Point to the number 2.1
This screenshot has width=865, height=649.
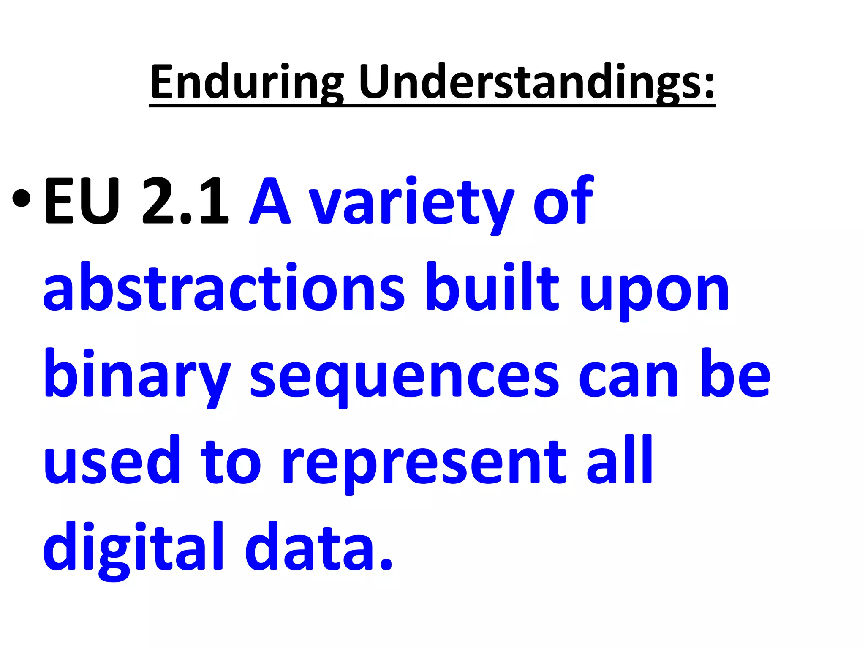click(186, 202)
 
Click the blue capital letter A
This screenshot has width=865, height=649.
click(270, 202)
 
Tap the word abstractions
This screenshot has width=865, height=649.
click(224, 289)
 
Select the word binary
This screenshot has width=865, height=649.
click(137, 376)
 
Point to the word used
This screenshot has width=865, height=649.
click(112, 461)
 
